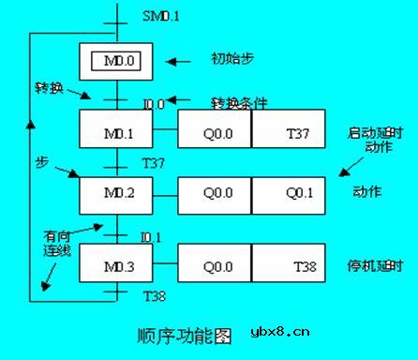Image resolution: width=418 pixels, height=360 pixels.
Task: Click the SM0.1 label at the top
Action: click(160, 16)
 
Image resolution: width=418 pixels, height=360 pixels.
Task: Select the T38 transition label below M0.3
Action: click(154, 296)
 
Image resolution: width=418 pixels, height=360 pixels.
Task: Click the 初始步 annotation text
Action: click(233, 59)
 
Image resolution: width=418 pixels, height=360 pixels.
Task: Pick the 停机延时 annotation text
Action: click(373, 266)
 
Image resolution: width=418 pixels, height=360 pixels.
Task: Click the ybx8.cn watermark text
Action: click(280, 331)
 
